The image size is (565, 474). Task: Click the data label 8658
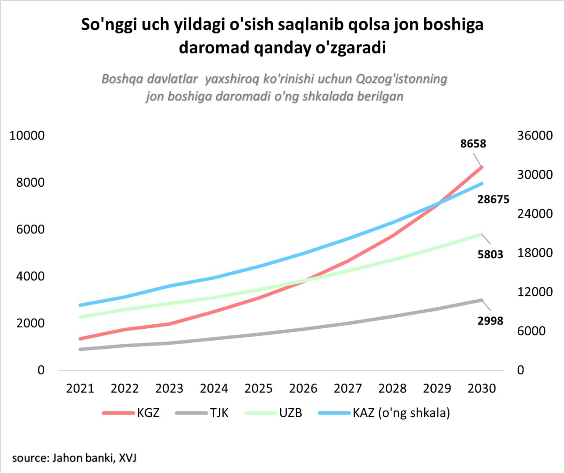[473, 144]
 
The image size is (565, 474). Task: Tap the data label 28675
[493, 199]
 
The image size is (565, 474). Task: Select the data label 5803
[490, 254]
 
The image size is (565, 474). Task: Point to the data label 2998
[490, 321]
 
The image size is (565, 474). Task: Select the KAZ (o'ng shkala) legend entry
[384, 413]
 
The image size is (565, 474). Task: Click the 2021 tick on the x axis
[80, 388]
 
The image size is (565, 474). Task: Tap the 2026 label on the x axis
[303, 388]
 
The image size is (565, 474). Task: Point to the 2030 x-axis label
[482, 388]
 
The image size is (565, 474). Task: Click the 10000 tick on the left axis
[27, 135]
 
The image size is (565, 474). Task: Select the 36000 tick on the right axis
[535, 135]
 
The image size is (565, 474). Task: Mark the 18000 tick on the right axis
[535, 253]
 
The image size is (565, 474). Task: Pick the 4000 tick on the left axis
[30, 276]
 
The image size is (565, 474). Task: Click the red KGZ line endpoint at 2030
[482, 167]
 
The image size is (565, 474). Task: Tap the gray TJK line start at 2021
[80, 349]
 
